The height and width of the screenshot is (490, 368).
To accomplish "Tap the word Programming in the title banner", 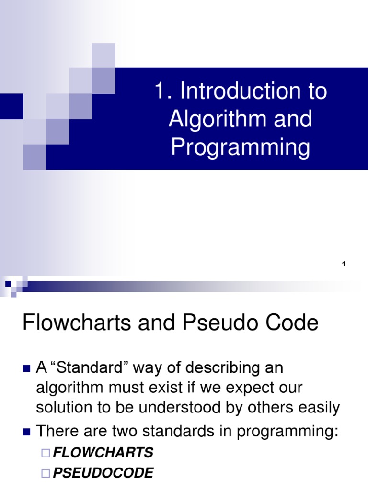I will pos(241,147).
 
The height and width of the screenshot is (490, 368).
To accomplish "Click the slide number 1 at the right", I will pos(344,264).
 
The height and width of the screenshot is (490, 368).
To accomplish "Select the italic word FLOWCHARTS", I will pos(103,452).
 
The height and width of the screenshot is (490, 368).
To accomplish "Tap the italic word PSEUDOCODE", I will pos(103,473).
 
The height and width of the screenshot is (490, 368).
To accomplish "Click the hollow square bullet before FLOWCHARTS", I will pos(46,453).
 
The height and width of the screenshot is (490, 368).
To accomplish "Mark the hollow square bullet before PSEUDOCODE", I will pos(46,474).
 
